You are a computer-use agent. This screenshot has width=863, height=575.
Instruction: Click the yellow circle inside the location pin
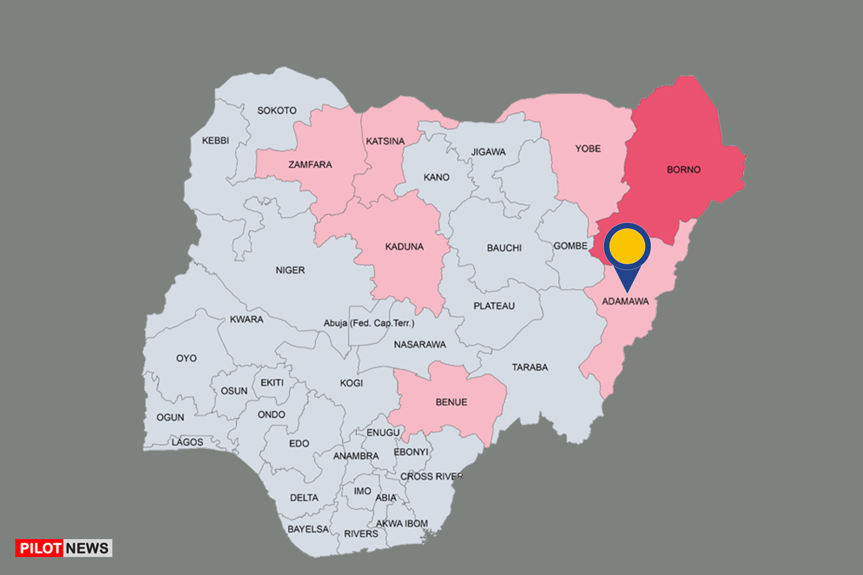click(x=627, y=246)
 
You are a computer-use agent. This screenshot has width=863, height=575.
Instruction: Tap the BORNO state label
click(x=683, y=170)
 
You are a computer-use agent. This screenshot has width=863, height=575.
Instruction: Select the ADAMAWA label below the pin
click(x=625, y=301)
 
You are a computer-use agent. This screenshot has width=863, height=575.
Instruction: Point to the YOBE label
click(x=587, y=149)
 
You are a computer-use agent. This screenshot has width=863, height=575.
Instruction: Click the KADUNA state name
click(x=404, y=247)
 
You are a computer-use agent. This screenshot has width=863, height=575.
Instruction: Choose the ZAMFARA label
click(x=310, y=165)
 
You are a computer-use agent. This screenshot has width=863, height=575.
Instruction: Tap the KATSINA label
click(x=385, y=142)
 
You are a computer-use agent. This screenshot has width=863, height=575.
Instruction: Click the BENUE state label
click(x=451, y=402)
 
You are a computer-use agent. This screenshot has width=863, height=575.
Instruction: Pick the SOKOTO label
click(x=276, y=111)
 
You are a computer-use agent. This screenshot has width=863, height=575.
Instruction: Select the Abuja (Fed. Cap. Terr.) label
click(x=369, y=323)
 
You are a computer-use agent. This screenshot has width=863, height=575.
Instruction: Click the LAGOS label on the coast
click(x=187, y=442)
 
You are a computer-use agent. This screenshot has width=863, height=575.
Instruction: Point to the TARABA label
click(x=530, y=367)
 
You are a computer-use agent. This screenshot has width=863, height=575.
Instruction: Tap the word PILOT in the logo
click(x=40, y=548)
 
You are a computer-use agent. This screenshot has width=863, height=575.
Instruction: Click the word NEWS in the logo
click(x=87, y=548)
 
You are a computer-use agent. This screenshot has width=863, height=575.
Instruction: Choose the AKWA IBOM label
click(x=402, y=523)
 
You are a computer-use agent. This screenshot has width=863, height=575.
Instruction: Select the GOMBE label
click(x=570, y=246)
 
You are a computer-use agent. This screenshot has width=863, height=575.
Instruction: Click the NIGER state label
click(x=290, y=270)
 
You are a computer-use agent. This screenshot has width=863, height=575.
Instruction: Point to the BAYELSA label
click(x=308, y=529)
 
